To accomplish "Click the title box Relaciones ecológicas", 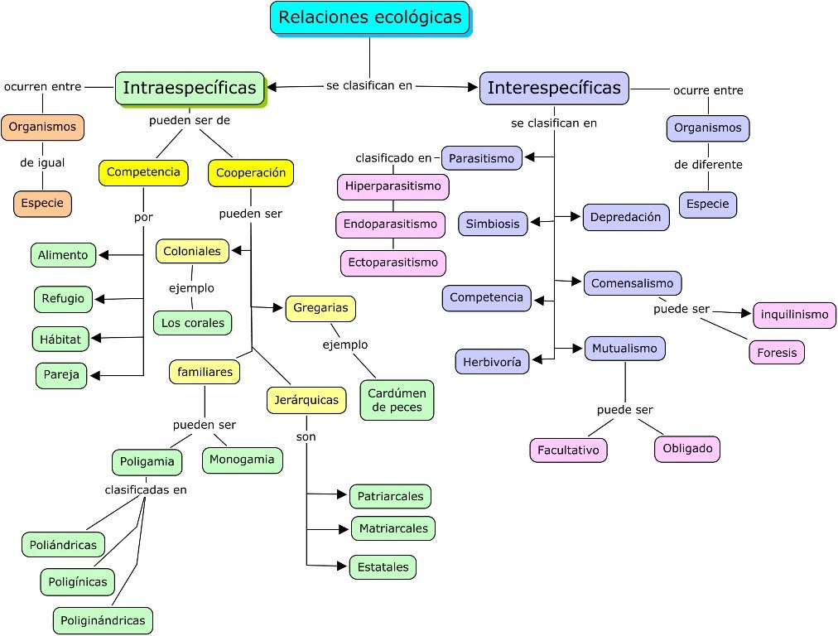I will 369,17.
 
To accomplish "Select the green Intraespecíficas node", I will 190,89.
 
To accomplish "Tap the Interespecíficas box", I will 554,88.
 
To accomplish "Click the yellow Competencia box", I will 143,172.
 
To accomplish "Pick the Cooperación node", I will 251,173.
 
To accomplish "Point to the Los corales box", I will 193,323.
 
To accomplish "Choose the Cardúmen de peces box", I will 397,400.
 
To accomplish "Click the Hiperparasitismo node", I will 393,186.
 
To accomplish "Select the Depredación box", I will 625,217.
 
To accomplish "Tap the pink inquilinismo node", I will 794,316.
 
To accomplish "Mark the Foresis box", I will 777,353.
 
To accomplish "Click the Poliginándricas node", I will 104,620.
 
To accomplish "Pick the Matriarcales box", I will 393,528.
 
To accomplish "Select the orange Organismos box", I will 42,128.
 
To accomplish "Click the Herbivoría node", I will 492,362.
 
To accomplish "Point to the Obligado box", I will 687,449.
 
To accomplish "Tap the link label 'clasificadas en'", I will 146,489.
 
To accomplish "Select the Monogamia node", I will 243,460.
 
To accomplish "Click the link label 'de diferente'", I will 708,165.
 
